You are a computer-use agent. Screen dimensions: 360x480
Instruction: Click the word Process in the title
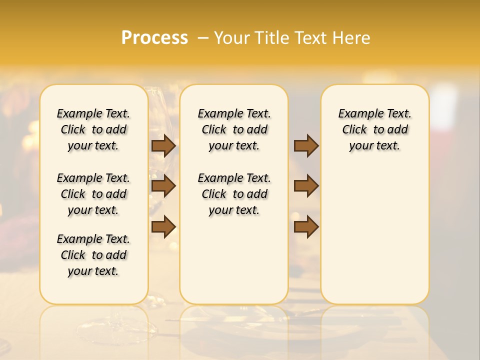click(x=154, y=37)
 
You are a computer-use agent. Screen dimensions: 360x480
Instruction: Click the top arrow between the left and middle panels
click(x=163, y=145)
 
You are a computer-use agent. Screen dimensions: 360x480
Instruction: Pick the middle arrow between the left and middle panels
click(x=163, y=186)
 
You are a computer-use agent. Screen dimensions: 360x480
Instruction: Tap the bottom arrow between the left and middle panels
click(x=163, y=227)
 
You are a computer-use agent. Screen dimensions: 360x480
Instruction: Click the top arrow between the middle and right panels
click(x=306, y=145)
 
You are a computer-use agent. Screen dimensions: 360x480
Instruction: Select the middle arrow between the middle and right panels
click(x=306, y=186)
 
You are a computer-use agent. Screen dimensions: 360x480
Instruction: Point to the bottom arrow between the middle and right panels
click(x=306, y=227)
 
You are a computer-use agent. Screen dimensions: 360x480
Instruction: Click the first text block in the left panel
click(x=93, y=129)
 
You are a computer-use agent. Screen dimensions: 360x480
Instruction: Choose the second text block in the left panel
click(x=93, y=194)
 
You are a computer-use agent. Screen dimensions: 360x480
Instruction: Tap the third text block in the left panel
click(x=93, y=255)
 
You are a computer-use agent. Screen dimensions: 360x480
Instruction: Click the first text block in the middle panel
click(x=234, y=129)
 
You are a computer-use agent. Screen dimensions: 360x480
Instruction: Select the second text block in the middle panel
click(x=234, y=194)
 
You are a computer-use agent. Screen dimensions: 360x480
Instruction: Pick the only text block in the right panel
click(x=375, y=129)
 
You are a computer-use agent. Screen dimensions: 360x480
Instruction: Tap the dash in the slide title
click(x=203, y=38)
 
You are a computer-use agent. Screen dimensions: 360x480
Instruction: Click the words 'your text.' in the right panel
click(x=374, y=146)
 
